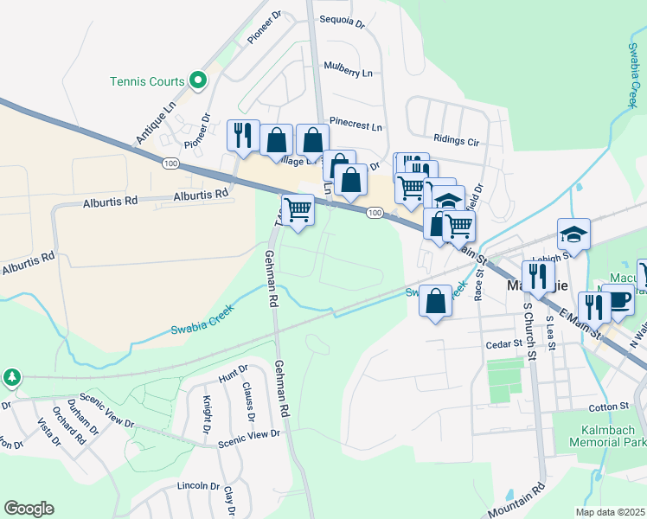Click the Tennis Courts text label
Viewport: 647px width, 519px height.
[147, 82]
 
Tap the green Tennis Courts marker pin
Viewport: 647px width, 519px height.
[198, 80]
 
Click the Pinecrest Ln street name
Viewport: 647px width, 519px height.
[356, 125]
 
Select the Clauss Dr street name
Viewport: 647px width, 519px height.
[248, 400]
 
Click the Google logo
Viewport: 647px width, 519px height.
[29, 509]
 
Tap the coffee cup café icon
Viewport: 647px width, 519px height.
[618, 299]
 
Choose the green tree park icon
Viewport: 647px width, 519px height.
[11, 377]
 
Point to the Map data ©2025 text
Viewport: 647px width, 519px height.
[611, 512]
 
